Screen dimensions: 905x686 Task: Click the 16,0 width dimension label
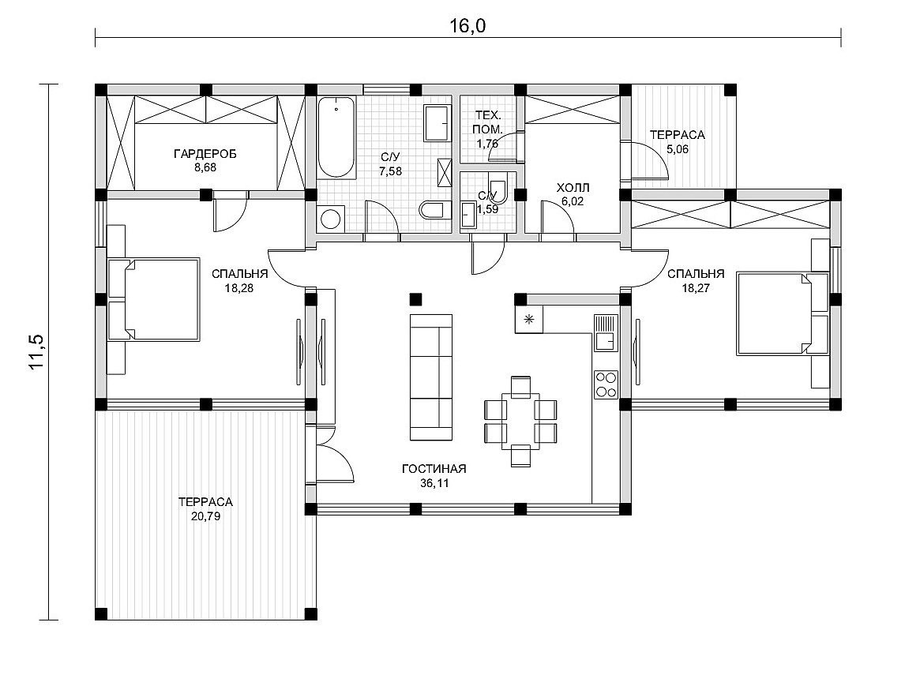(468, 26)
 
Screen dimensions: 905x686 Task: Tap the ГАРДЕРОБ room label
(205, 154)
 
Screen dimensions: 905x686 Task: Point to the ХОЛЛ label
(573, 188)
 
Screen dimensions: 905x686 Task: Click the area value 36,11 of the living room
(434, 483)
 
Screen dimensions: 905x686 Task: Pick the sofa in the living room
(431, 377)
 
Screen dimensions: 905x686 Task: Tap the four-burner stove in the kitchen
(606, 384)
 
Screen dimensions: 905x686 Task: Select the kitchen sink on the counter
(606, 333)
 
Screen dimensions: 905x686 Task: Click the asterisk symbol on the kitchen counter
(528, 319)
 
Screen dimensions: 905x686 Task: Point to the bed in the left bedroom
(153, 298)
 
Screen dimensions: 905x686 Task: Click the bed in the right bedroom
(783, 314)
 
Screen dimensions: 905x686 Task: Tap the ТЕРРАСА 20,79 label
(205, 509)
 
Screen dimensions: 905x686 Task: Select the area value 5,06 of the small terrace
(678, 149)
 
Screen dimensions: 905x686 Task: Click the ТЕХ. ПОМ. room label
(488, 121)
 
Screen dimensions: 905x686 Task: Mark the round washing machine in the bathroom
(331, 219)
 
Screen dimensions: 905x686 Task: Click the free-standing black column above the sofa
(415, 299)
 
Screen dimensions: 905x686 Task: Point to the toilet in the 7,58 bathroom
(432, 210)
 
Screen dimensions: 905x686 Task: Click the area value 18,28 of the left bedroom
(239, 288)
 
